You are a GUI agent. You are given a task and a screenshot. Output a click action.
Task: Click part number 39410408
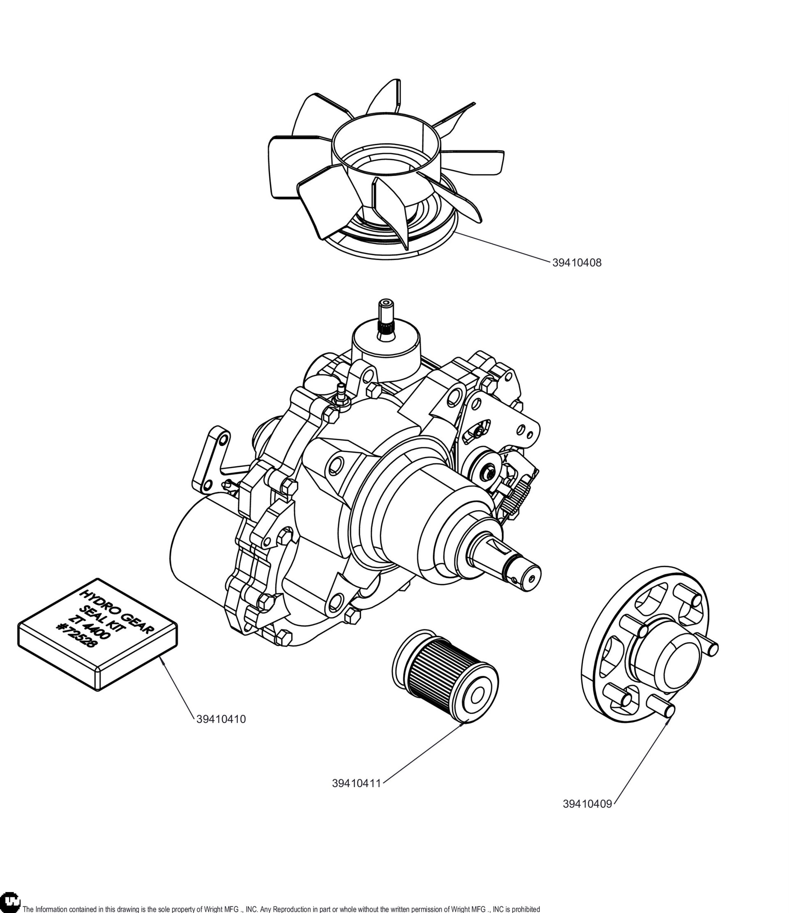(x=577, y=263)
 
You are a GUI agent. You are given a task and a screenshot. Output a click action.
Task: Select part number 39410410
(x=221, y=719)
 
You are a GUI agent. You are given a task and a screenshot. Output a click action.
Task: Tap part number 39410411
(x=356, y=784)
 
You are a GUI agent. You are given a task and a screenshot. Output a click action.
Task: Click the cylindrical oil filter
(x=445, y=677)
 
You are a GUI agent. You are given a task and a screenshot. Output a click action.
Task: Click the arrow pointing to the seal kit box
(x=177, y=685)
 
